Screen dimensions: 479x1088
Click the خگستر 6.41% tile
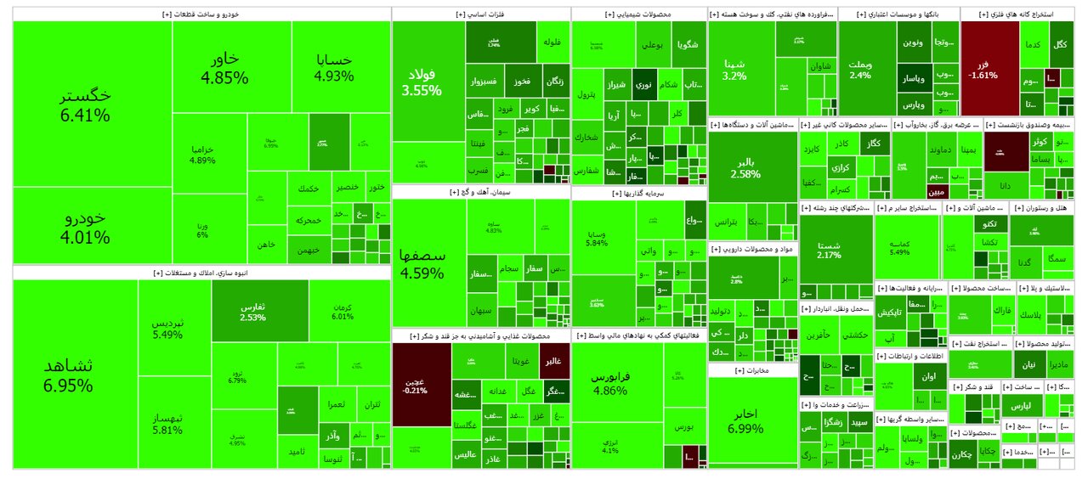click(x=85, y=104)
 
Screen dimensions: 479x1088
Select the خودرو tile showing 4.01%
click(x=85, y=226)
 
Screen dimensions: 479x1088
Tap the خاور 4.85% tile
click(x=224, y=68)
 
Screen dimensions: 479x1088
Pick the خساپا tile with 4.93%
click(x=333, y=68)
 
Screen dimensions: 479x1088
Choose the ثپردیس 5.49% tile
click(x=167, y=329)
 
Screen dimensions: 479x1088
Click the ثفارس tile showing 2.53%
click(x=252, y=311)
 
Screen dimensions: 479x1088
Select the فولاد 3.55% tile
click(x=422, y=81)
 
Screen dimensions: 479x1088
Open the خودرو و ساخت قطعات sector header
click(x=201, y=14)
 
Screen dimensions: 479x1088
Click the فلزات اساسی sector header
click(x=480, y=14)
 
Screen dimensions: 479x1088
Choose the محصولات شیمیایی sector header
click(x=638, y=14)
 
